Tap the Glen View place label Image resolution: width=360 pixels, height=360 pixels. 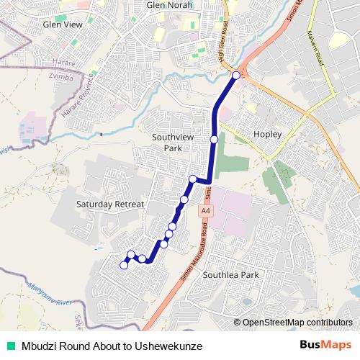(x=63, y=24)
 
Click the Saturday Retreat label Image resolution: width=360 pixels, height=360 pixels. (x=110, y=204)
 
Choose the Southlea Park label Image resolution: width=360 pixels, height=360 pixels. (x=230, y=275)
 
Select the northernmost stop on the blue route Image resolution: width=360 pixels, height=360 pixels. (x=235, y=74)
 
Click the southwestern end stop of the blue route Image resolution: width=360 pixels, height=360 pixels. (x=124, y=265)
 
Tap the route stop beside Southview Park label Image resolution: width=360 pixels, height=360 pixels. (x=214, y=139)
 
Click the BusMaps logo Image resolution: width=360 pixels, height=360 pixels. (x=325, y=346)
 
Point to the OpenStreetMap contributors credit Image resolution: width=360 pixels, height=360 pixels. (x=297, y=323)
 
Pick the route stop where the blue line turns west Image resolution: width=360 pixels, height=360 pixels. (x=193, y=179)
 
